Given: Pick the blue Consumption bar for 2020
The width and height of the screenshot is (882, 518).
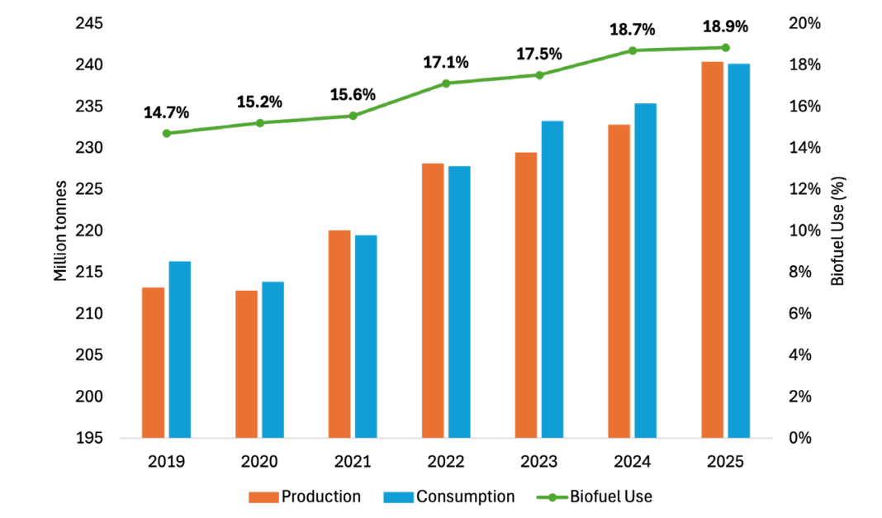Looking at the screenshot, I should pos(273,359).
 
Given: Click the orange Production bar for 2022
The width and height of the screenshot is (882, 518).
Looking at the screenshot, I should pos(433,300).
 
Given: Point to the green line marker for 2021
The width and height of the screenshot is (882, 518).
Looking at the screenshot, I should pos(353,116).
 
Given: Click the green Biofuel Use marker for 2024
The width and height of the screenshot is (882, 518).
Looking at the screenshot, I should pos(633,50).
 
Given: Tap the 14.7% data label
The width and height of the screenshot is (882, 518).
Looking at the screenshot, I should pos(166,112).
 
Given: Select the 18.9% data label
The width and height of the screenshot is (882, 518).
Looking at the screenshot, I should pos(725,26).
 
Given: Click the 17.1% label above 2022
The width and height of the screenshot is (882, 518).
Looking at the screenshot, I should pos(446,62).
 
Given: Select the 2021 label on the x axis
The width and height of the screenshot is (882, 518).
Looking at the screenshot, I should pos(353,463).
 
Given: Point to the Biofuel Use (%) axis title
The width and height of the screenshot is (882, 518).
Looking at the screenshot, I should pos(838,230).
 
